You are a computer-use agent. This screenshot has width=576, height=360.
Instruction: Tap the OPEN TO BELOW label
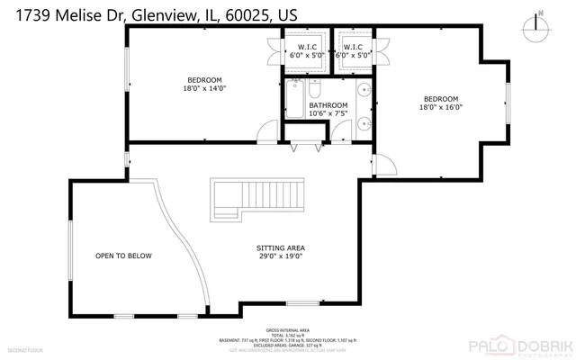(123, 256)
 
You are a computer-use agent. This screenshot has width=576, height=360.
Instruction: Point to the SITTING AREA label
(280, 247)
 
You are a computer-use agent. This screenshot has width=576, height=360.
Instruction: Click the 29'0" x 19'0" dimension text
(280, 256)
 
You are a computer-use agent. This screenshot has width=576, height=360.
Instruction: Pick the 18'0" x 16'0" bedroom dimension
(441, 107)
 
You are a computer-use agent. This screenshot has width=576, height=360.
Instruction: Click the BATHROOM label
(328, 105)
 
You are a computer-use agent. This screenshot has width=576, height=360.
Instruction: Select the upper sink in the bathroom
(362, 90)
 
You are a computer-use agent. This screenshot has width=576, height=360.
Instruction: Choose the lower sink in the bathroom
(362, 125)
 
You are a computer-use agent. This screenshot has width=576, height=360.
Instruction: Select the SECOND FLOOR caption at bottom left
(26, 348)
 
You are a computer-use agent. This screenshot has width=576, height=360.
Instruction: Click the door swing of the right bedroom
(382, 164)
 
